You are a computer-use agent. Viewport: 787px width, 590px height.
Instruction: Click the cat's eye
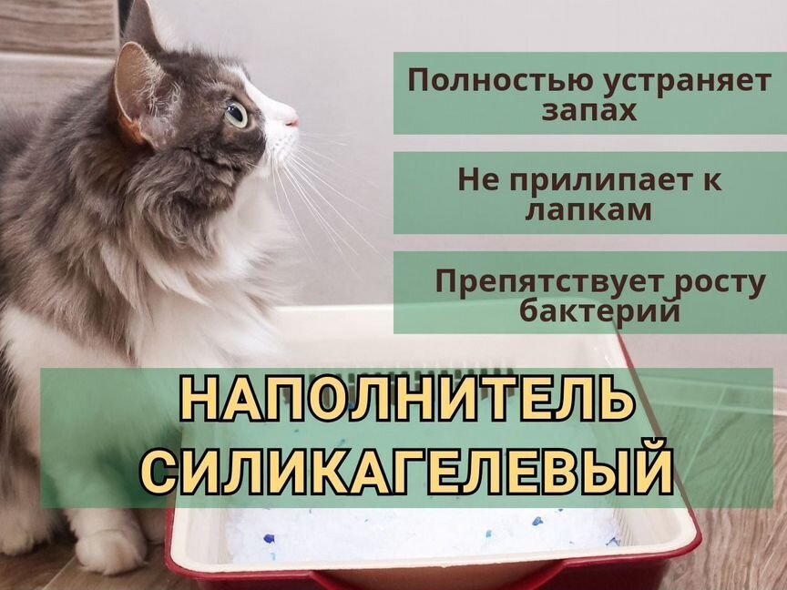coord(237,115)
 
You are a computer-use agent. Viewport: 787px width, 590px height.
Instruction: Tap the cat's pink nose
coord(292,121)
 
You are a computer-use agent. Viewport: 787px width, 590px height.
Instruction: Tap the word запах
coord(589,111)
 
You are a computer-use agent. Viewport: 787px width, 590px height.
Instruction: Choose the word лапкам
coord(588,210)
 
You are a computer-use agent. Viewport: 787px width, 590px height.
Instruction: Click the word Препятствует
coord(550,282)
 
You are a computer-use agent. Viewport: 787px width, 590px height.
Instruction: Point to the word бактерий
coord(599,310)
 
